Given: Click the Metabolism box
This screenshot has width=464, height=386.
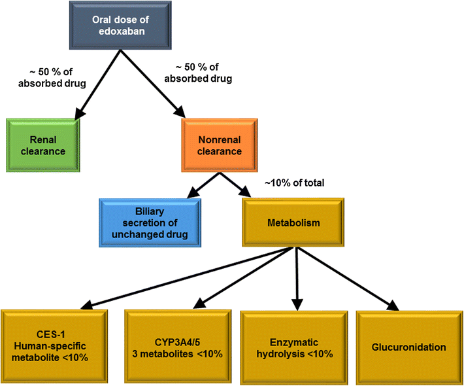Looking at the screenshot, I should point(293,223).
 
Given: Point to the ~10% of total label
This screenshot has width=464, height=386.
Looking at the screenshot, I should point(294,183).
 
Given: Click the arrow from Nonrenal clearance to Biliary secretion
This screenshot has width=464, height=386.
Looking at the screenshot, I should point(201,185).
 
